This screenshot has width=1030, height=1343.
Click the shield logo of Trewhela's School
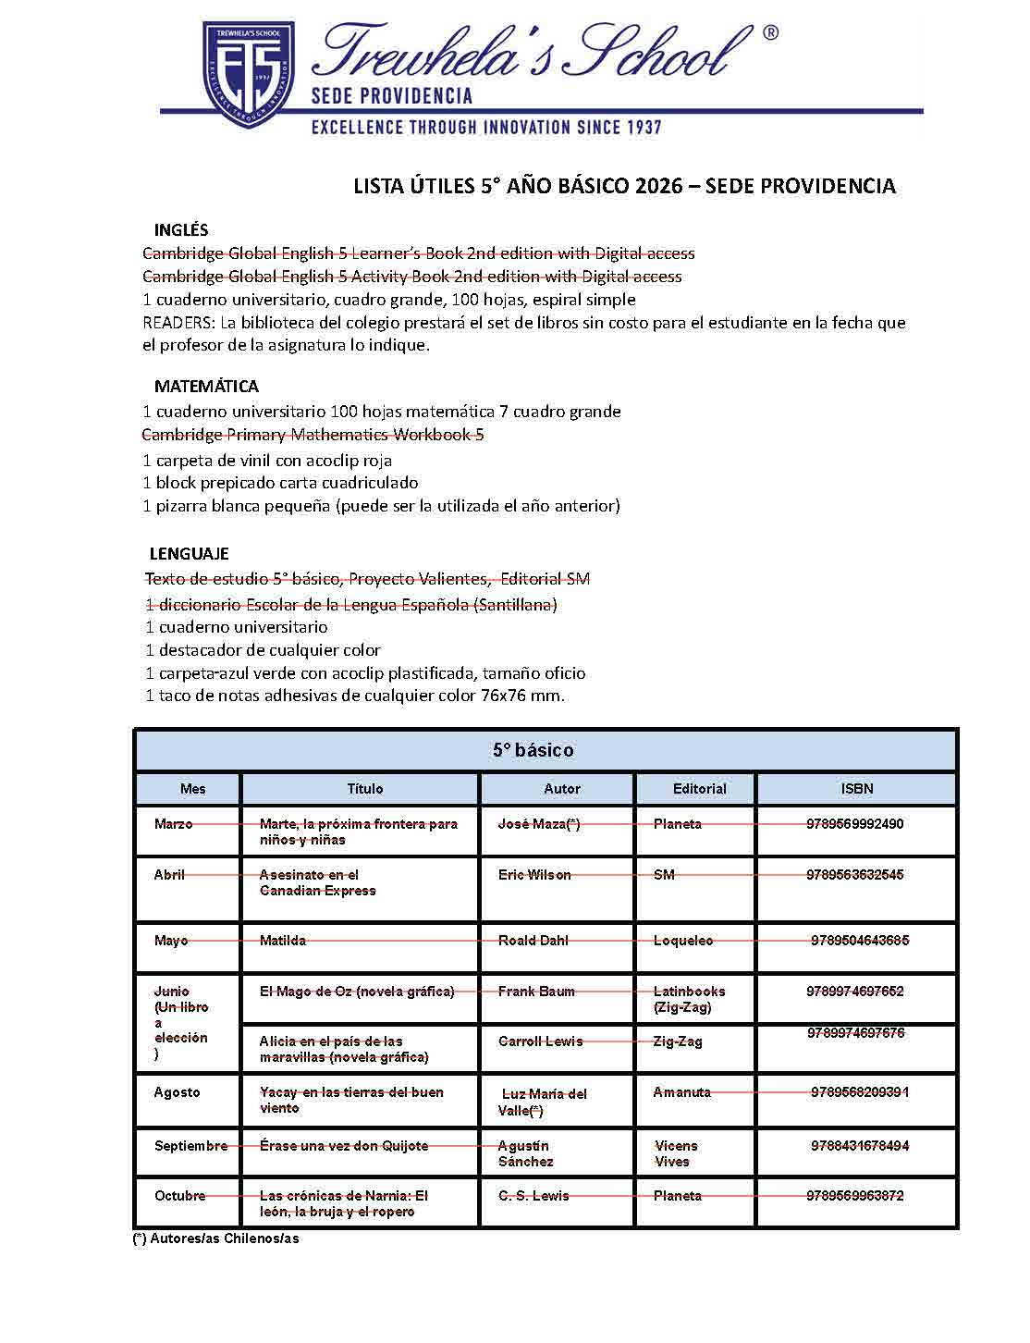click(248, 74)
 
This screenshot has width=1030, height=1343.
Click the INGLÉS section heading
click(181, 230)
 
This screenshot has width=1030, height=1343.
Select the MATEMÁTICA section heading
click(206, 387)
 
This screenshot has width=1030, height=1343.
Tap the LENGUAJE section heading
click(189, 554)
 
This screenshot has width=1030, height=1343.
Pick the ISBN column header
click(856, 789)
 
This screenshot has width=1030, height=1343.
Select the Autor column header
click(561, 789)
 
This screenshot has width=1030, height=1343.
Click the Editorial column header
click(699, 789)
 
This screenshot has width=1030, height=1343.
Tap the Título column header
click(364, 789)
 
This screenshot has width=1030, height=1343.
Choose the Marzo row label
click(174, 824)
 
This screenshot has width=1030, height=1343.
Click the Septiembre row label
click(190, 1146)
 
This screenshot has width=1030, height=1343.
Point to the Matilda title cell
click(282, 941)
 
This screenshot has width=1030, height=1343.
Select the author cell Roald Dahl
click(533, 941)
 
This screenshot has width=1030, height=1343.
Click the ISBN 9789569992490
click(854, 824)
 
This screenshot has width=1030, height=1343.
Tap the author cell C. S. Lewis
click(533, 1196)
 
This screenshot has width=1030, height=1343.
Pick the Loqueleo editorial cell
click(682, 941)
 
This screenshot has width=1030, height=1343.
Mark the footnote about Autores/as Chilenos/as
click(216, 1238)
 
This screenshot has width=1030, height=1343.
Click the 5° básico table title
click(533, 750)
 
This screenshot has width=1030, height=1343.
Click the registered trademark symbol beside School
click(769, 33)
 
